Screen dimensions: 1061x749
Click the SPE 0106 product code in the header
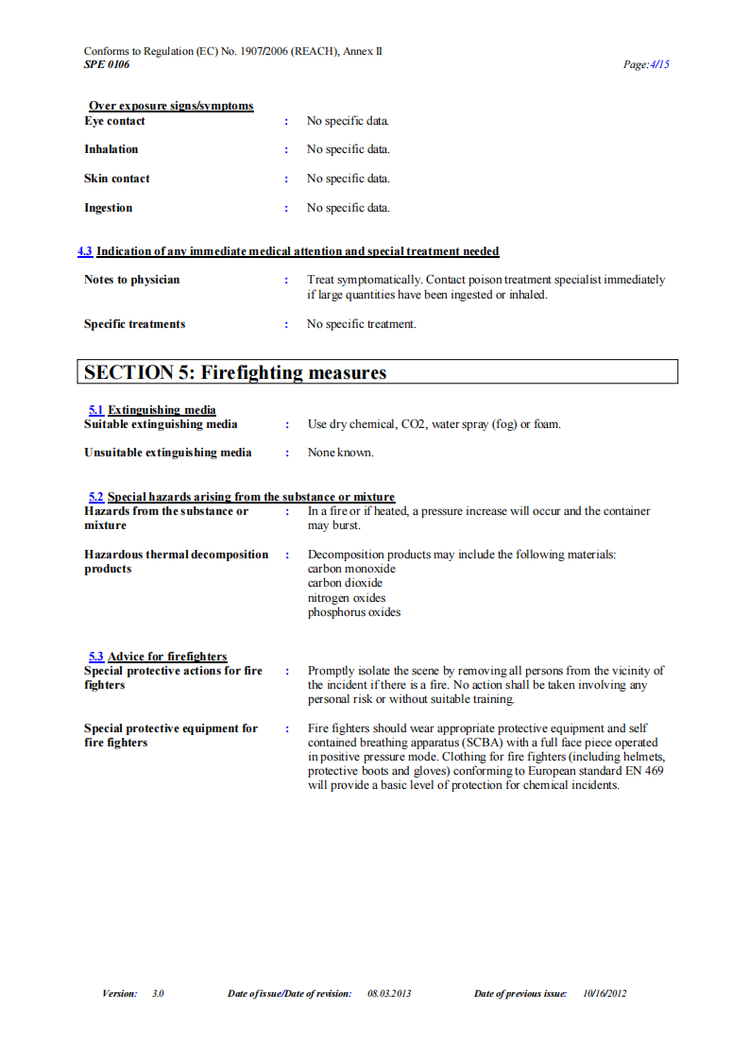coord(107,64)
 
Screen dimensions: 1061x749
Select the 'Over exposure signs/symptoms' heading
coord(171,106)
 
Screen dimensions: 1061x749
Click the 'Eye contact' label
coord(114,121)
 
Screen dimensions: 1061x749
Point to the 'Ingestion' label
coord(108,208)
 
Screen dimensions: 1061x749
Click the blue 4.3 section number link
coord(85,251)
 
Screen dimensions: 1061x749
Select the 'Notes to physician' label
coord(131,280)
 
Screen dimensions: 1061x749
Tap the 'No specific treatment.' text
coord(362,324)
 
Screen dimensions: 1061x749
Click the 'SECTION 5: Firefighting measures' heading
coord(235,372)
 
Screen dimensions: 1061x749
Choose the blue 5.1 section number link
coord(95,410)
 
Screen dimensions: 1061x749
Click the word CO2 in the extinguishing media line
coord(414,424)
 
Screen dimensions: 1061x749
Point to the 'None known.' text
coord(340,453)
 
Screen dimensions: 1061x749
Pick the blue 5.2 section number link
coord(95,497)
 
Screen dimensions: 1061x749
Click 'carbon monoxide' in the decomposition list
coord(351,569)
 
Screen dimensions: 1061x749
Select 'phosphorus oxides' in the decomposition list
coord(354,612)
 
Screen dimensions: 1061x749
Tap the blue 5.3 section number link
coord(95,657)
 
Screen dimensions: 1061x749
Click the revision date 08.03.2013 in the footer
coord(389,993)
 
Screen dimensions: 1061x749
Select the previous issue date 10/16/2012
coord(604,993)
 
